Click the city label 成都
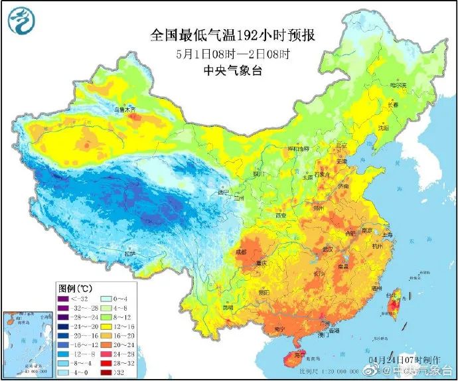(240, 252)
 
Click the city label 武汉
(326, 248)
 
